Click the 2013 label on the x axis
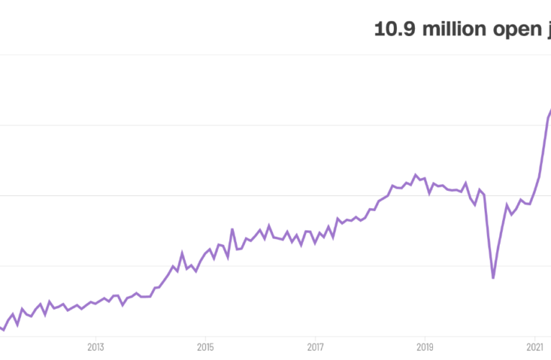95,346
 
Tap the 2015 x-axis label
205,346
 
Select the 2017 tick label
315,346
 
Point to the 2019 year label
425,346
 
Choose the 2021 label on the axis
534,346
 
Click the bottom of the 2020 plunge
493,278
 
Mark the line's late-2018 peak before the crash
416,174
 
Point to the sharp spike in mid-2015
232,229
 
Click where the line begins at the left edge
1,328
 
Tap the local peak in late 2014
182,253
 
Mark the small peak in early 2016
269,225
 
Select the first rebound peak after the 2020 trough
507,204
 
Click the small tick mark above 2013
95,335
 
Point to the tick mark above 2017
315,335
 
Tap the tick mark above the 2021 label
534,335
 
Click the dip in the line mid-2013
122,305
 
